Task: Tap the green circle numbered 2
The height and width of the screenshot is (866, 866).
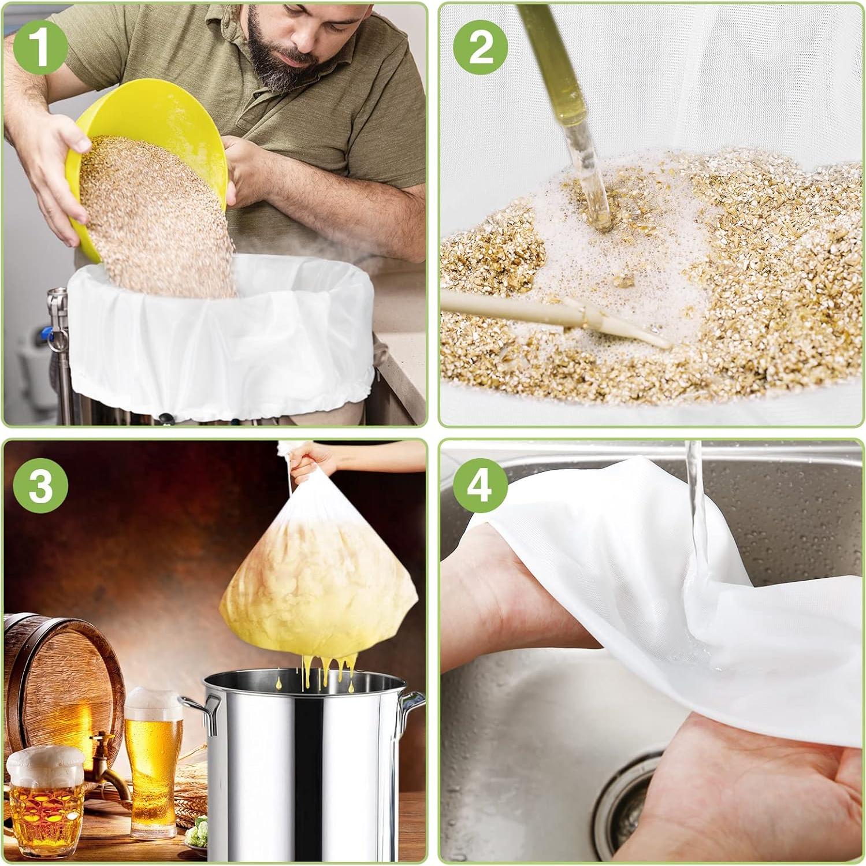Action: click(480, 46)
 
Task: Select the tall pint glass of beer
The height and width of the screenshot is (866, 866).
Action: click(153, 763)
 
